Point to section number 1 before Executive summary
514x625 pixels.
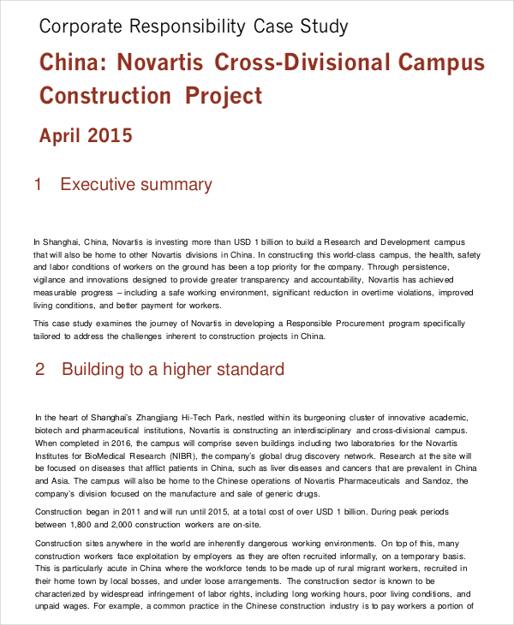coord(38,184)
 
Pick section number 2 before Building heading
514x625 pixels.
coord(39,370)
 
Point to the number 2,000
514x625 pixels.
coord(127,524)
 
